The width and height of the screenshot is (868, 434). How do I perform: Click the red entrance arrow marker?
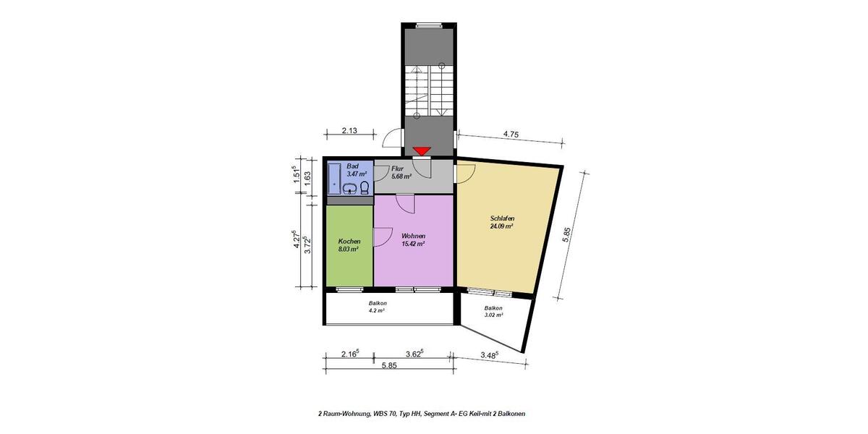click(421, 151)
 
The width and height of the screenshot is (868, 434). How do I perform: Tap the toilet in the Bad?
click(364, 188)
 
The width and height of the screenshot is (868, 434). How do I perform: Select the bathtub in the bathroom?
click(334, 177)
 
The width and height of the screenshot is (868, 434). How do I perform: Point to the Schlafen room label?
click(501, 218)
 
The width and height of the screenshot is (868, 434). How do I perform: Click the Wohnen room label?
click(413, 237)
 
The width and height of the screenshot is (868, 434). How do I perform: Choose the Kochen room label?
click(349, 242)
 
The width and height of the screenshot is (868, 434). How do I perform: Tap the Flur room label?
click(397, 168)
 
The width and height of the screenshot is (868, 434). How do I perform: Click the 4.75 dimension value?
click(513, 133)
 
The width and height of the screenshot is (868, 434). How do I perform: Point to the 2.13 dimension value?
click(351, 131)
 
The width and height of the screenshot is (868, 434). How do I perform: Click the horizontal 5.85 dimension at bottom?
click(389, 365)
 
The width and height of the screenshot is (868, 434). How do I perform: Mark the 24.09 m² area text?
click(501, 226)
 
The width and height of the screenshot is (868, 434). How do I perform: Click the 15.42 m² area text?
click(413, 244)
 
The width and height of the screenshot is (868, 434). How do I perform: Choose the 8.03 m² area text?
click(349, 249)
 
